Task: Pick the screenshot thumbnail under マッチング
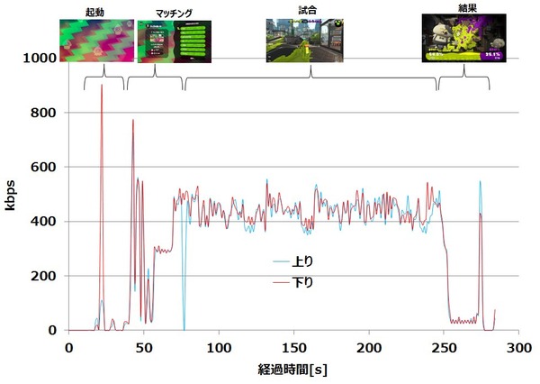pos(173,41)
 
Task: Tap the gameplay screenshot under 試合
pos(304,41)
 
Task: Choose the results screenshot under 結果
pos(458,41)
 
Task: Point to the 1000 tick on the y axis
pos(43,59)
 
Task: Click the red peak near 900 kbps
pos(102,87)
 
